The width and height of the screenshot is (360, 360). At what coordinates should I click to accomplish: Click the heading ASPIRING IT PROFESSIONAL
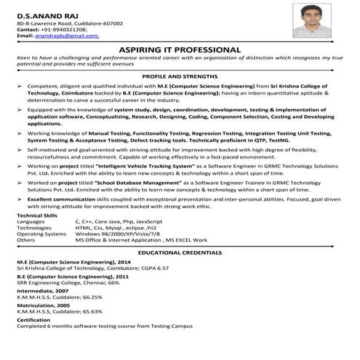coord(180,49)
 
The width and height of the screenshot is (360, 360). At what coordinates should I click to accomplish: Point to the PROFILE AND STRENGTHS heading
coord(180,76)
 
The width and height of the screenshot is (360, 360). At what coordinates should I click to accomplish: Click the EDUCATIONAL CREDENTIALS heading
coord(180,252)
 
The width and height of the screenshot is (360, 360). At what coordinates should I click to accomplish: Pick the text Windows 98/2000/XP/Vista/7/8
coord(116,233)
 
